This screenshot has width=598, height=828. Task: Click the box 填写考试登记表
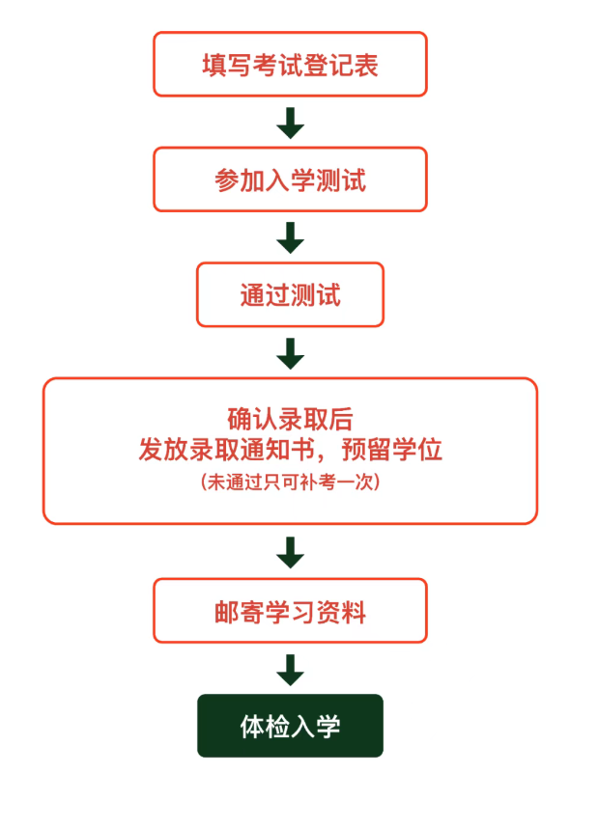click(x=290, y=65)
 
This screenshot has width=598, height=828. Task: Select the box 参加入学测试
click(x=290, y=179)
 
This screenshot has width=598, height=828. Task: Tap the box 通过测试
click(x=290, y=294)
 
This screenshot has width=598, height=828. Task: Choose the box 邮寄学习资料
click(x=290, y=611)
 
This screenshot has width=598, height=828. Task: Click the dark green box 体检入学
click(x=290, y=726)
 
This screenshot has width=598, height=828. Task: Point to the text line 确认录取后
click(x=290, y=420)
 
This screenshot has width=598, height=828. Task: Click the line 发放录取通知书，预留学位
click(x=290, y=450)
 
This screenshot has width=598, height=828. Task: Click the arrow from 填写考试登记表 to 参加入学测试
click(x=290, y=123)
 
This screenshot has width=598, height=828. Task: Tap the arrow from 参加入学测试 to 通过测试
click(x=290, y=237)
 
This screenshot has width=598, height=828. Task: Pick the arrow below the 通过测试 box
click(x=290, y=353)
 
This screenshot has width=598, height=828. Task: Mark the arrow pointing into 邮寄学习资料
click(x=290, y=552)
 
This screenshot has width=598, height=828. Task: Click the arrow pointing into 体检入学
click(x=290, y=669)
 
